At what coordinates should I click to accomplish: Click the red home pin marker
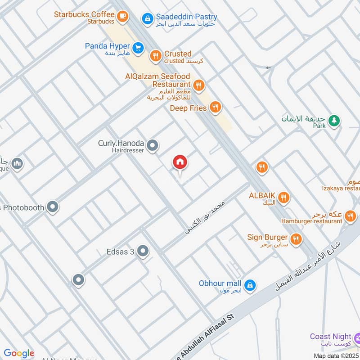tap(180, 162)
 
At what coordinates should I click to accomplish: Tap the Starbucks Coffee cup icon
tap(122, 17)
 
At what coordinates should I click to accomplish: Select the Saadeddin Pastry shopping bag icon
tap(147, 18)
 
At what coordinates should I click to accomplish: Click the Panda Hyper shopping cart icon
tap(138, 46)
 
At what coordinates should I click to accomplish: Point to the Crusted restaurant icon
tap(155, 56)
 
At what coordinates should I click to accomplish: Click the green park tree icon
tap(334, 120)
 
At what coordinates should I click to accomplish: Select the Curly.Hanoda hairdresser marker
tap(153, 145)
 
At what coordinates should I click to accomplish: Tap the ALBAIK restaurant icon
tap(283, 197)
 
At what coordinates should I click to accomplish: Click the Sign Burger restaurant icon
tap(296, 239)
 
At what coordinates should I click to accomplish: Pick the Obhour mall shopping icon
tap(250, 285)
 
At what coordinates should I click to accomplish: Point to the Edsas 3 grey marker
tap(143, 251)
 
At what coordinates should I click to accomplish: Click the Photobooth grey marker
tap(53, 207)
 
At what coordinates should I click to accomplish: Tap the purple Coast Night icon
tap(357, 338)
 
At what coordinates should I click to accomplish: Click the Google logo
tap(19, 353)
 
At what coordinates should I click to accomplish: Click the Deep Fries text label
tap(188, 108)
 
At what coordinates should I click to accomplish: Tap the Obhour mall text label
tap(220, 283)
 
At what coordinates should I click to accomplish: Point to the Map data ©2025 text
tap(336, 356)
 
